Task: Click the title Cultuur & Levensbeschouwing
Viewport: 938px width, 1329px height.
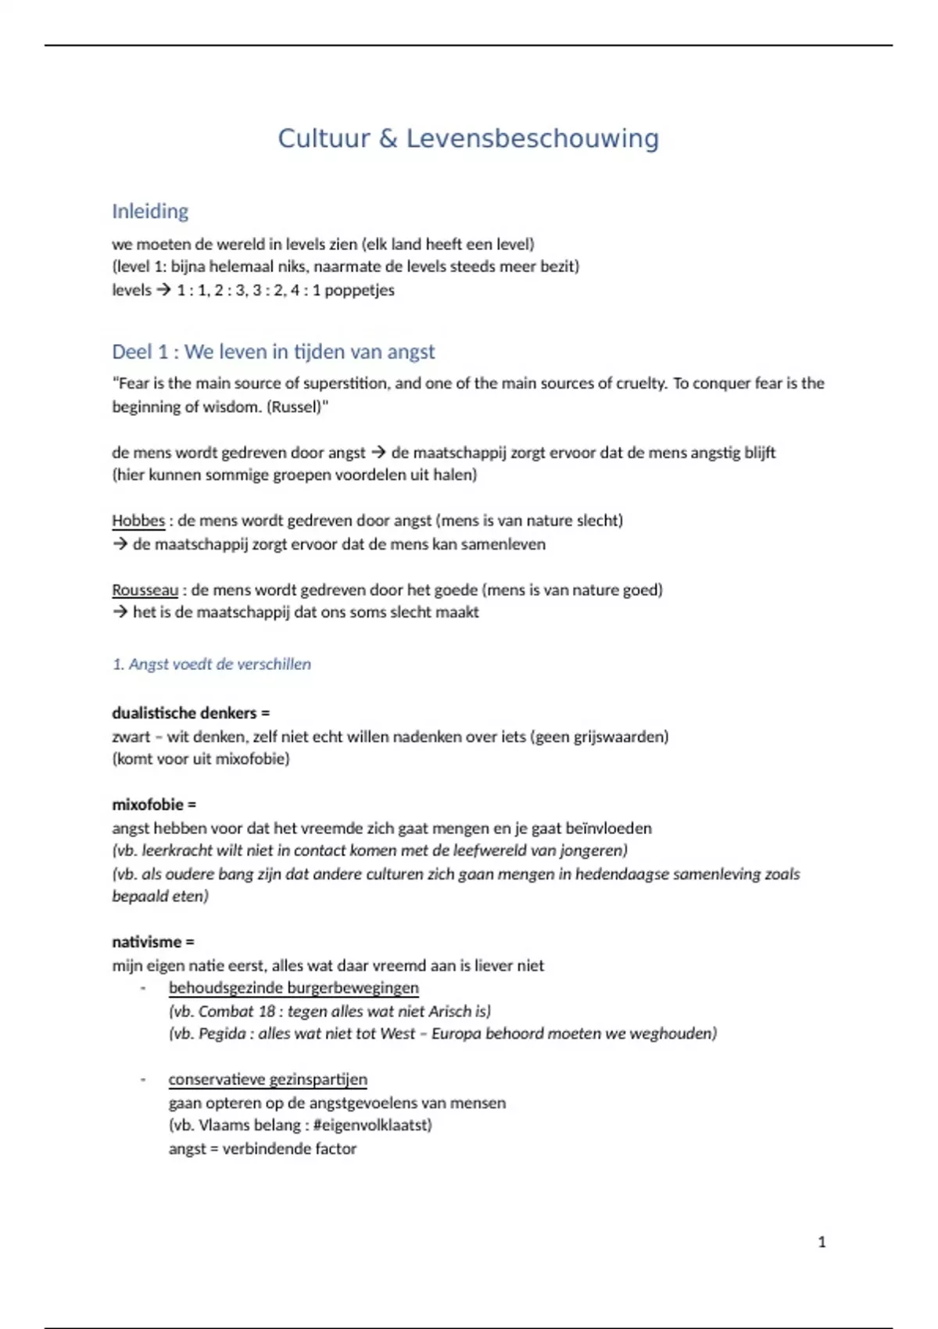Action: coord(468,138)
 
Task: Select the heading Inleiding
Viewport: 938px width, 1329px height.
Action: coord(150,211)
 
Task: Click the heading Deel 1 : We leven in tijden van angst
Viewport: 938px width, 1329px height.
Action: coord(273,352)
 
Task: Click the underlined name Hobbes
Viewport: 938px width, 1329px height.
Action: coord(138,521)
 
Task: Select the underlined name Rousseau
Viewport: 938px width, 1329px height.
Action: coord(145,590)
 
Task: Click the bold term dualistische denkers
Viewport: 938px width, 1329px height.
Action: coord(184,713)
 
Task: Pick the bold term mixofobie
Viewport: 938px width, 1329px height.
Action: coord(147,804)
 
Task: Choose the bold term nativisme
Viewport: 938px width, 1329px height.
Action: coord(146,942)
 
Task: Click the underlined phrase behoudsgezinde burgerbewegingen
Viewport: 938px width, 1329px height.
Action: coord(293,988)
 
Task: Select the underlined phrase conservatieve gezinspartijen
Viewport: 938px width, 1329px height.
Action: coord(267,1080)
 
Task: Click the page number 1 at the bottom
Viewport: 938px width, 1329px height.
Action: coord(822,1241)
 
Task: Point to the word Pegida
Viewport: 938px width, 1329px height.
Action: coord(222,1033)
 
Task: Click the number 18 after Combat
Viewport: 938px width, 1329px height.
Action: coord(267,1011)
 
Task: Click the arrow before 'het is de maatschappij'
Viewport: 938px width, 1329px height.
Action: coord(120,612)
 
